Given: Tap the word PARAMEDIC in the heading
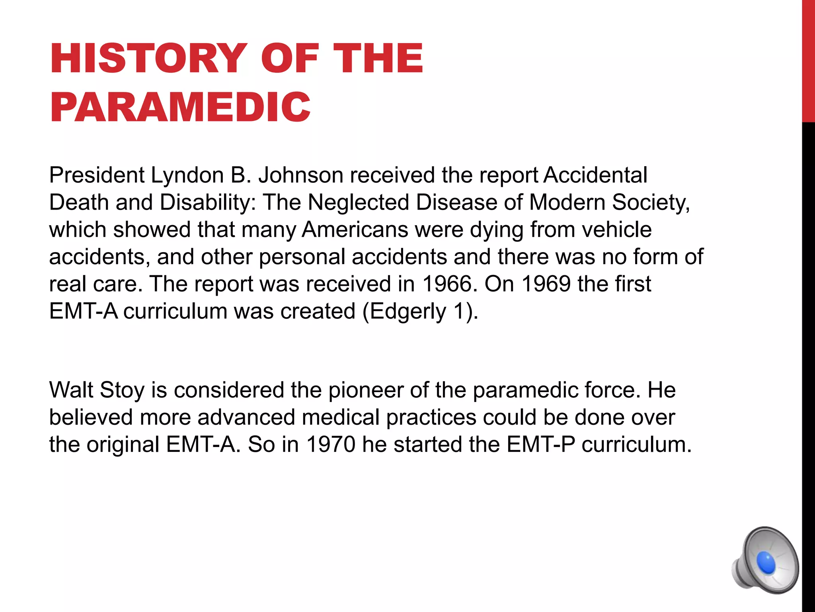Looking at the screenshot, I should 180,107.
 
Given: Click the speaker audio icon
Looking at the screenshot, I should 765,560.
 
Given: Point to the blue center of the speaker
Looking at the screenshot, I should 766,563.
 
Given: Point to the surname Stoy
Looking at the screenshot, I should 122,390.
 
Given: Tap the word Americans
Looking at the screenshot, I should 355,229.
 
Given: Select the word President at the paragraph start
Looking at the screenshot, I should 97,175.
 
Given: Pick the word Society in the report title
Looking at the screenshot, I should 650,202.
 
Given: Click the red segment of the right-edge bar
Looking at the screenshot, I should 808,60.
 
